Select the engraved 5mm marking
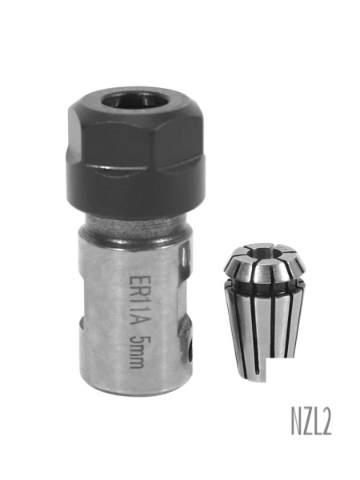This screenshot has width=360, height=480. (137, 351)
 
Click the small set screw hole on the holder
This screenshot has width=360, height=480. (191, 348)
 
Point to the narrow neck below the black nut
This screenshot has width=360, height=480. (136, 228)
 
